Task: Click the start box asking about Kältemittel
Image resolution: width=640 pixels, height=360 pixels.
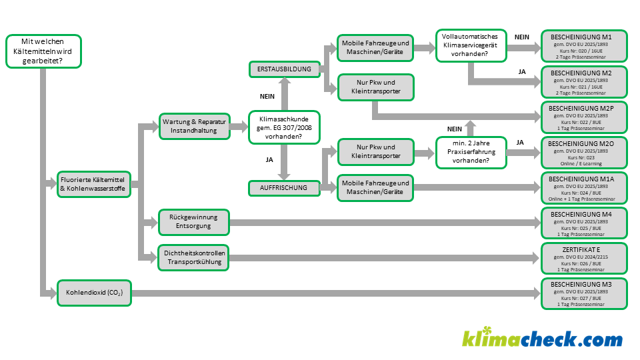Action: [x=43, y=51]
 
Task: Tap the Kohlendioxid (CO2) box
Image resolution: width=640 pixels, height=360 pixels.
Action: [x=94, y=293]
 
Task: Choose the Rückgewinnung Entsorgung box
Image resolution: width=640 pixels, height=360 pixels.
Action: [x=195, y=221]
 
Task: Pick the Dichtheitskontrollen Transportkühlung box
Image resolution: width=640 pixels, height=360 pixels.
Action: [x=195, y=257]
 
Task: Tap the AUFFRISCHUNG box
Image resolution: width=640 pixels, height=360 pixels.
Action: [x=284, y=188]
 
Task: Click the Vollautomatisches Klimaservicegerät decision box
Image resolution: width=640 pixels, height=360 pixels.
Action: [x=469, y=45]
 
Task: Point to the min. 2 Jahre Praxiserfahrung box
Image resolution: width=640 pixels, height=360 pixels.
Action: [x=469, y=151]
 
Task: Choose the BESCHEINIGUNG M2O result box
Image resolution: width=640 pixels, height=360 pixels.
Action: [x=583, y=153]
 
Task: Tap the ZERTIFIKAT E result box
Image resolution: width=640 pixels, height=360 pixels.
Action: [x=583, y=257]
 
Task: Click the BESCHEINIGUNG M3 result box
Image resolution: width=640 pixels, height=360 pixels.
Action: [x=583, y=293]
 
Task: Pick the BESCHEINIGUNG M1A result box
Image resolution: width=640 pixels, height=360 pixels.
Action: [x=583, y=188]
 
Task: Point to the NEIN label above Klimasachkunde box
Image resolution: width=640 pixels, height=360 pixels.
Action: [x=267, y=97]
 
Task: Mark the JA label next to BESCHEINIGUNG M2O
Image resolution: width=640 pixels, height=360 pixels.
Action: [x=520, y=142]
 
